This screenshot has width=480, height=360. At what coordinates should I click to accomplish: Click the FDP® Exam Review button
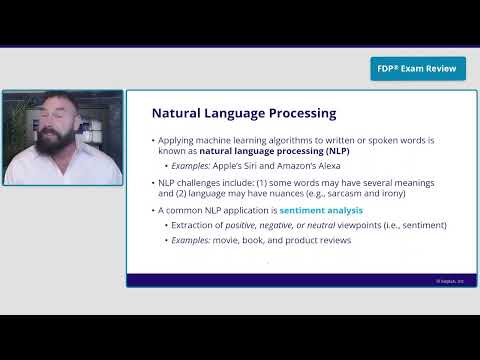click(x=418, y=69)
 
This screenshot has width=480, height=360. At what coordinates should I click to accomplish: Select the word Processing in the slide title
click(x=296, y=113)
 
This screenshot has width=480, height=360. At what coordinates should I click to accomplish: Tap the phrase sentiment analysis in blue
click(x=322, y=211)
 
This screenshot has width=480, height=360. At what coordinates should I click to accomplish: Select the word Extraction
click(x=195, y=225)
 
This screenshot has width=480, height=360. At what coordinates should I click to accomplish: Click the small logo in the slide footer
click(x=456, y=281)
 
